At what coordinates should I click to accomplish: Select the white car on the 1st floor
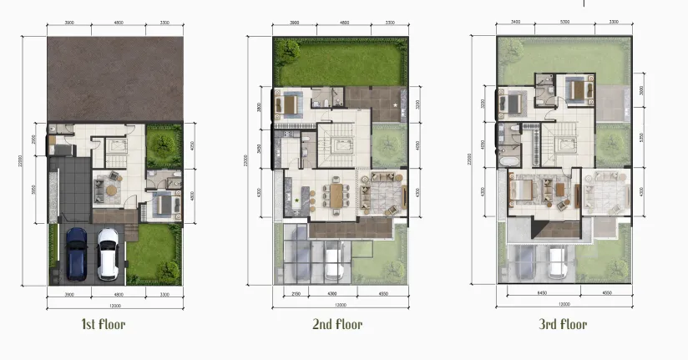(x=108, y=253)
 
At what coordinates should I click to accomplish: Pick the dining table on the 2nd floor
(x=336, y=195)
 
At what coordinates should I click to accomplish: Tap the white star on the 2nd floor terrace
(x=396, y=104)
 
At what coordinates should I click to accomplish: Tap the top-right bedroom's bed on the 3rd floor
(x=577, y=88)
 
